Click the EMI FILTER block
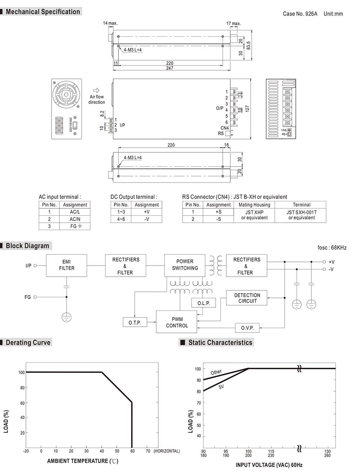click(x=67, y=265)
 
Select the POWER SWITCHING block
click(x=185, y=265)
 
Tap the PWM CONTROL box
click(x=177, y=322)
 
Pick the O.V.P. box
click(x=247, y=328)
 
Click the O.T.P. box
click(x=135, y=322)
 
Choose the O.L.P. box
click(x=203, y=303)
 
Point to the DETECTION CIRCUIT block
click(x=247, y=298)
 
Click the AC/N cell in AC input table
click(x=75, y=219)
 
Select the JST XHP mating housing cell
click(x=254, y=215)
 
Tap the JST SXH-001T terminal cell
click(x=301, y=215)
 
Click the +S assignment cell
click(x=219, y=212)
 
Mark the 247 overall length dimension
click(x=170, y=68)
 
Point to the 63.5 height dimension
click(x=248, y=45)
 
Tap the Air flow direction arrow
click(x=96, y=90)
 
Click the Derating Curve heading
click(x=28, y=343)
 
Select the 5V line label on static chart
click(x=221, y=387)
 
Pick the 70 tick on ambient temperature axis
click(x=148, y=451)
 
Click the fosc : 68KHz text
click(x=332, y=247)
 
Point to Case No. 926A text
click(x=300, y=14)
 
